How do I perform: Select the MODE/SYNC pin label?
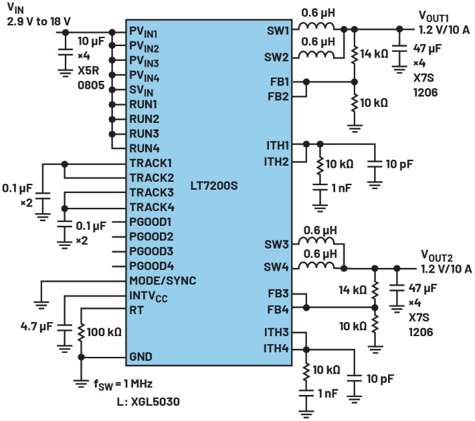point(163,280)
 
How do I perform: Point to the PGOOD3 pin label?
point(151,251)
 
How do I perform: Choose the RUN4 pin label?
point(144,148)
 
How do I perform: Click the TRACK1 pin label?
point(151,163)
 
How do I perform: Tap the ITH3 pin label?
point(276,332)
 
